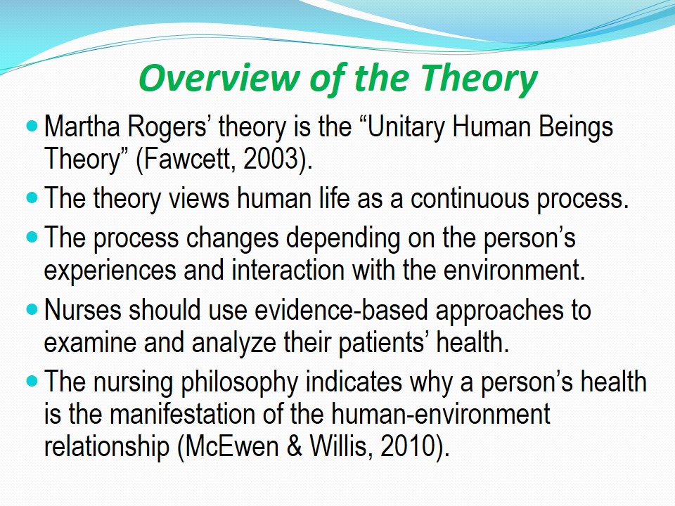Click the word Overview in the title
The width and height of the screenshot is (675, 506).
click(219, 77)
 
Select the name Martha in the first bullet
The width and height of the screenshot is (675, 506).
click(82, 126)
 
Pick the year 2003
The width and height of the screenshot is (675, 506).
click(270, 160)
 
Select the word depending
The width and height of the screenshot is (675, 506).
click(343, 238)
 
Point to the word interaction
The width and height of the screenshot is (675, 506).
click(288, 270)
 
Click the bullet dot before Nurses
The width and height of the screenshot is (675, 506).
click(32, 309)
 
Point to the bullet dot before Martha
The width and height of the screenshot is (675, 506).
click(32, 126)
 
